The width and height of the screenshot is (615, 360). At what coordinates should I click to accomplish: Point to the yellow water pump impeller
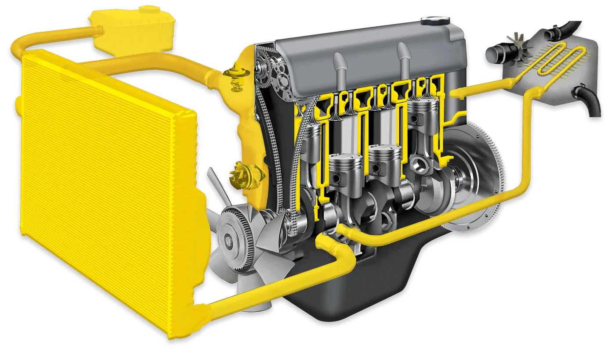point(239,175)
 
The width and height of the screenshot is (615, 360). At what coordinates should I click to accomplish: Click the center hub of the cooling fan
point(230,239)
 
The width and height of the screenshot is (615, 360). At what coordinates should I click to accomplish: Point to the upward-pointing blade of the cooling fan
point(213,184)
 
